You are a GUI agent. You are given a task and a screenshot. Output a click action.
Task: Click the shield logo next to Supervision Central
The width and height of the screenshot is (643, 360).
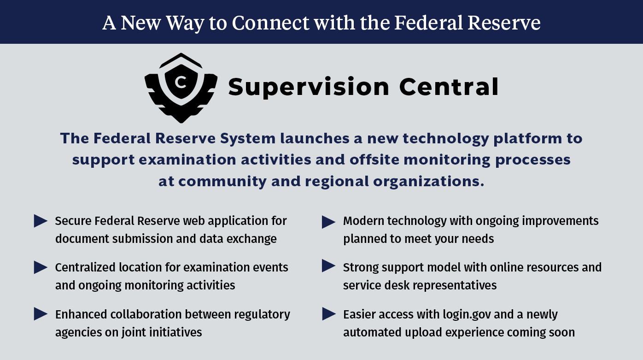click(181, 88)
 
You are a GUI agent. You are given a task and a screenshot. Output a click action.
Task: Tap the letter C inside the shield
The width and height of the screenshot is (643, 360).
click(181, 83)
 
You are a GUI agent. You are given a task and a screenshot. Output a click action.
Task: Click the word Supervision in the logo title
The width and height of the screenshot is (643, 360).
click(309, 87)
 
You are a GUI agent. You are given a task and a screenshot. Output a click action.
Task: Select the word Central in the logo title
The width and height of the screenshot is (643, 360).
click(449, 87)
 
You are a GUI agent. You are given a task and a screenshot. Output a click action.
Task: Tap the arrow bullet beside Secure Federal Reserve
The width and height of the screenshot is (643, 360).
click(41, 221)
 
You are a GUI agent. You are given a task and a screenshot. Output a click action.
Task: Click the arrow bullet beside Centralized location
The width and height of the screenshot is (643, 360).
click(41, 267)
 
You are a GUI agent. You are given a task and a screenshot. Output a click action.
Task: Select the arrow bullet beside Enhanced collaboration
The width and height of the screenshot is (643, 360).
click(41, 314)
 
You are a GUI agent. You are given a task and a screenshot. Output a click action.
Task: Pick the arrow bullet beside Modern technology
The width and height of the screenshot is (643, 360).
click(329, 222)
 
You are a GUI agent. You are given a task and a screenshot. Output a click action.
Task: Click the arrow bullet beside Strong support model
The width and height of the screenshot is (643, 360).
click(329, 266)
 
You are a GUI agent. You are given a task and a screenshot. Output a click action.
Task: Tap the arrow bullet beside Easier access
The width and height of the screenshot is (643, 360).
click(329, 314)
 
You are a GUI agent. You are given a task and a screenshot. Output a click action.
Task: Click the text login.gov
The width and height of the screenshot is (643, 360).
click(467, 315)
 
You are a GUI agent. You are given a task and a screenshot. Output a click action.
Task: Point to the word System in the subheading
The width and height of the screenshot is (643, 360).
click(248, 139)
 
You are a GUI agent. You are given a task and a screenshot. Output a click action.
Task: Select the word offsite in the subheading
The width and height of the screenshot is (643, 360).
click(374, 159)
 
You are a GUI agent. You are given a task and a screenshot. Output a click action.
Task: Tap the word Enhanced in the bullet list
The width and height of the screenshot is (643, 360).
click(81, 314)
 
